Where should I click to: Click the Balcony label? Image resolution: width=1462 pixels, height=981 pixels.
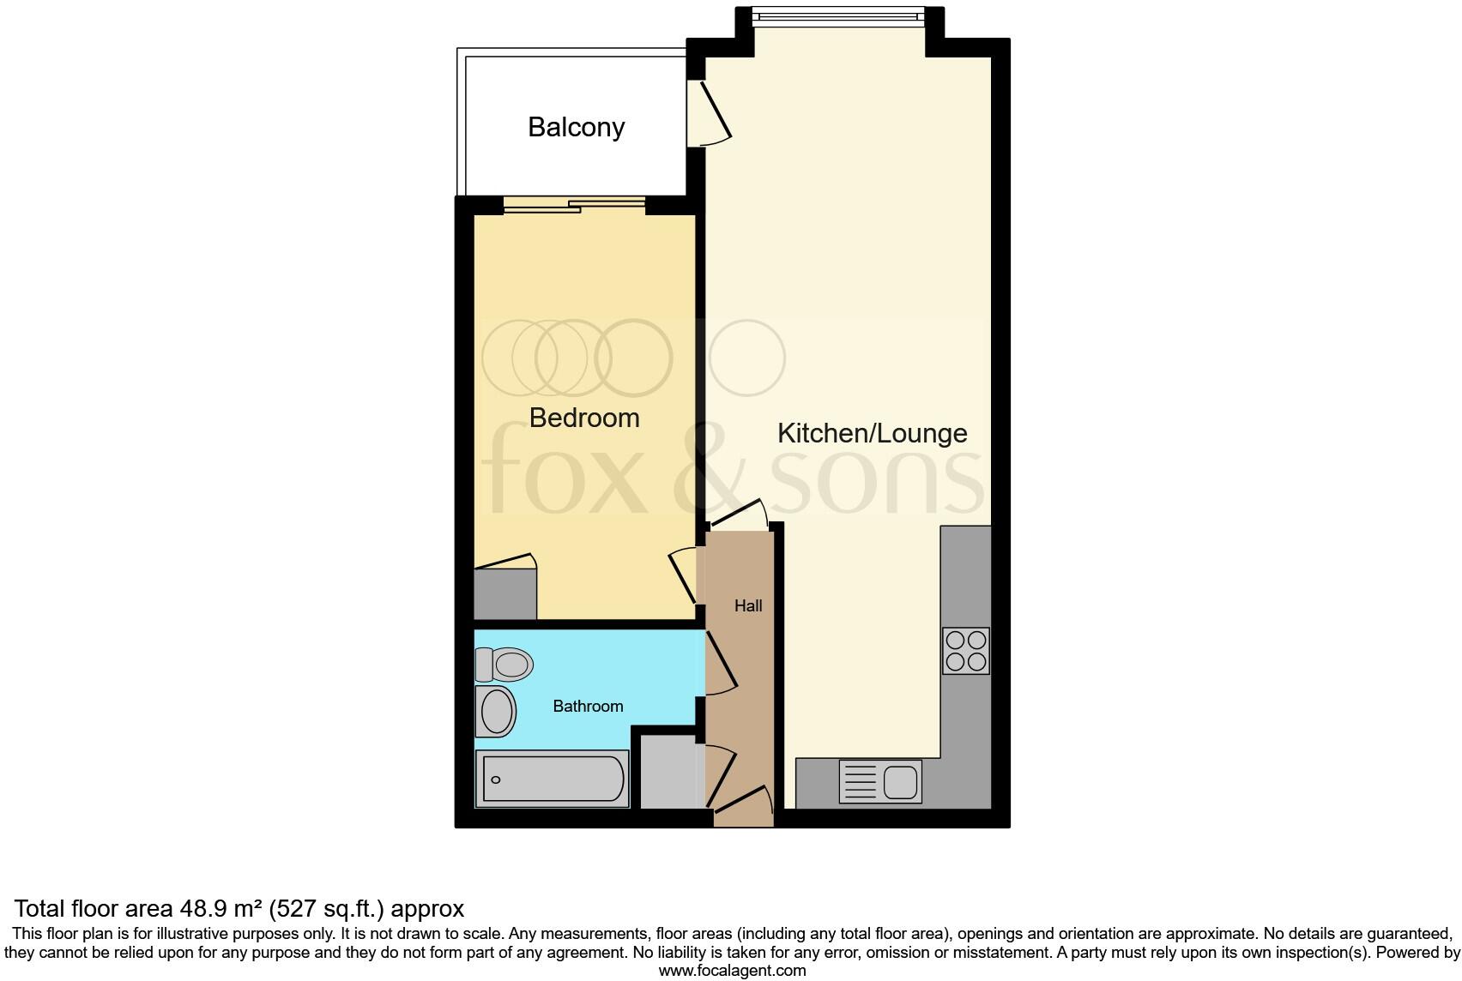576,127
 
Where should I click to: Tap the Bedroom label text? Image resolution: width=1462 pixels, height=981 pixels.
584,418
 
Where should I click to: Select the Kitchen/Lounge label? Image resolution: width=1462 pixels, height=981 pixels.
872,433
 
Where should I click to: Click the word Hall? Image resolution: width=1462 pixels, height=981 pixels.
748,606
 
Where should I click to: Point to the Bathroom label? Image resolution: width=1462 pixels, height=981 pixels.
588,707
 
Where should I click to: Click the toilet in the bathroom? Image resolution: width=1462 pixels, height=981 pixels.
504,664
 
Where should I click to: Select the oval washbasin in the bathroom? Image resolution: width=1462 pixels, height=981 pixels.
496,711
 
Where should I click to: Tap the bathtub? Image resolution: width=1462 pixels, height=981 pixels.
553,779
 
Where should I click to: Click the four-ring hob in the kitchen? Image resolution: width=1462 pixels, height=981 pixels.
965,651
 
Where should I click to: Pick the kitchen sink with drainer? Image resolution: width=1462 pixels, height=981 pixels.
880,782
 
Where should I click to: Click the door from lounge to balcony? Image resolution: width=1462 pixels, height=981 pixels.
710,111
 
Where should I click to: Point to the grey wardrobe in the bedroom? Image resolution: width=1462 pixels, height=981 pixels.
505,593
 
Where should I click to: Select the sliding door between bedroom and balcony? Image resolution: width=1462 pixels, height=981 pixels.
575,204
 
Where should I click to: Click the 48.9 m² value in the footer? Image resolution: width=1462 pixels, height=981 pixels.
221,908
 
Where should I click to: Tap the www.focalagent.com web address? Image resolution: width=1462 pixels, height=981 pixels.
732,971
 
